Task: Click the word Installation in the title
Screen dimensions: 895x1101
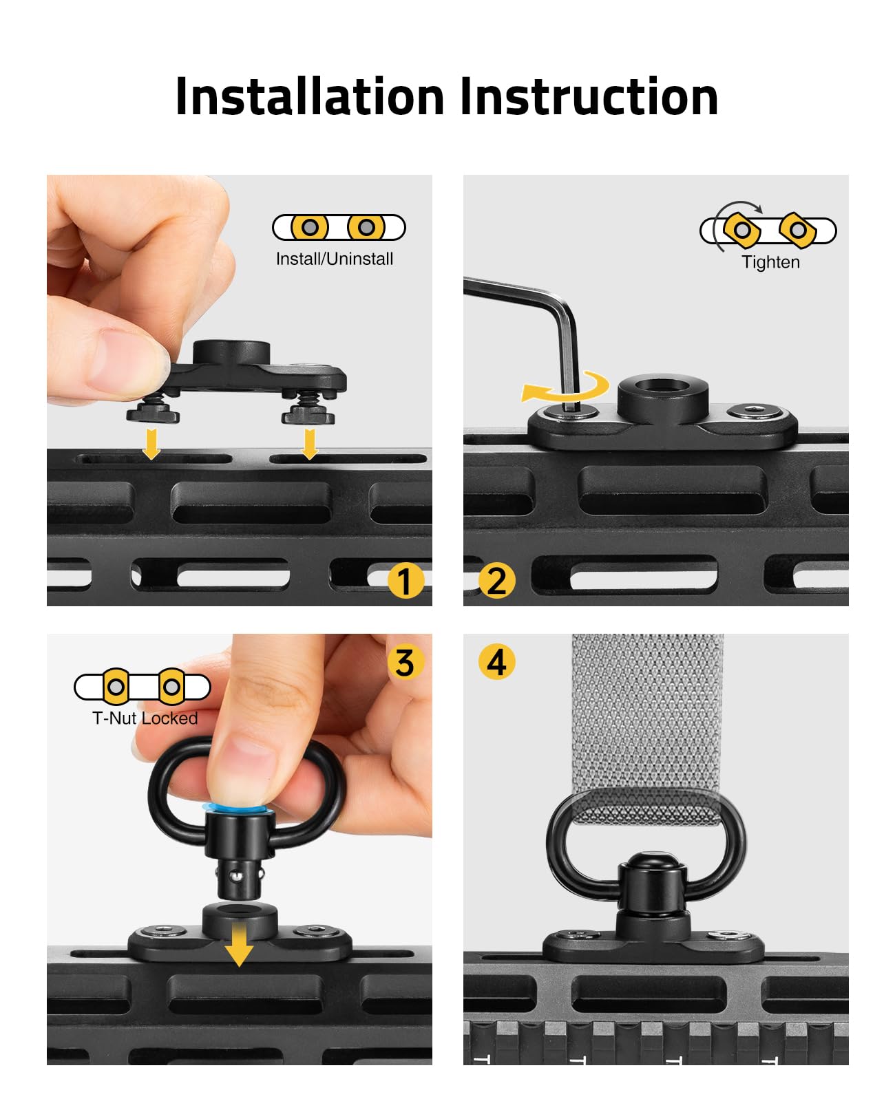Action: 310,96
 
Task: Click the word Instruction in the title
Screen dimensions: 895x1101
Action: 589,96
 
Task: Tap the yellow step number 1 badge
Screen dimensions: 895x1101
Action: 406,581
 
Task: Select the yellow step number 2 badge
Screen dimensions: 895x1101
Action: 496,581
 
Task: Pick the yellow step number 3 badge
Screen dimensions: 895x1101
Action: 406,662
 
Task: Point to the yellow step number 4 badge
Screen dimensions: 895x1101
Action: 496,662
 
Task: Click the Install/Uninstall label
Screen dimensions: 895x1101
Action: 335,259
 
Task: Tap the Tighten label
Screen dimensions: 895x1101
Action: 770,262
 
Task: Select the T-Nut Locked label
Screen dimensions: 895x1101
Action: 145,718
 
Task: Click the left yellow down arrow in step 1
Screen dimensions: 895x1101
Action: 151,444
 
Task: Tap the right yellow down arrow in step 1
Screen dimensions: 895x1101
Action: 309,444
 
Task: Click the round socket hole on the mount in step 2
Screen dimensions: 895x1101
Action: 662,385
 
